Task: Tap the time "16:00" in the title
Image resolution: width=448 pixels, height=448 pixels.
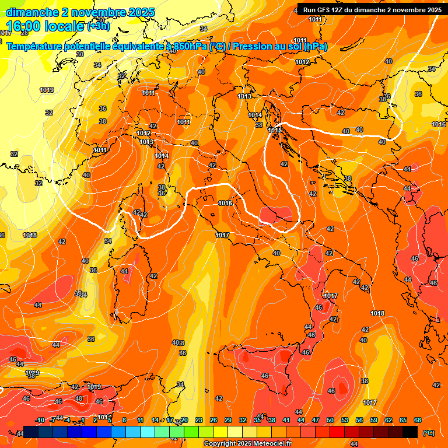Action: pos(24,26)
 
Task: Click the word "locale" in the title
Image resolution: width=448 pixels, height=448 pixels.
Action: pos(66,26)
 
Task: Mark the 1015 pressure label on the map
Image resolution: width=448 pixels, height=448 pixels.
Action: pos(274,129)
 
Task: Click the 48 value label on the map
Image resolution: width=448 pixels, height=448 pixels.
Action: pos(79,399)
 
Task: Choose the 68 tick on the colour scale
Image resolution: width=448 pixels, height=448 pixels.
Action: pos(418,420)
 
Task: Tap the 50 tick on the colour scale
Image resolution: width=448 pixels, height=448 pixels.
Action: pos(330,420)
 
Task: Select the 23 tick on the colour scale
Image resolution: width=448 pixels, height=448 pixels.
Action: pos(198,420)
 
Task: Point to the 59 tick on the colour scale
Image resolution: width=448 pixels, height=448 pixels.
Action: pos(374,420)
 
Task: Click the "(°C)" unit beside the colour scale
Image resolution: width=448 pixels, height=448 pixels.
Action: pos(428,432)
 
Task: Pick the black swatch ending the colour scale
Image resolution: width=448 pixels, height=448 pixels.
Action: pos(410,432)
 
